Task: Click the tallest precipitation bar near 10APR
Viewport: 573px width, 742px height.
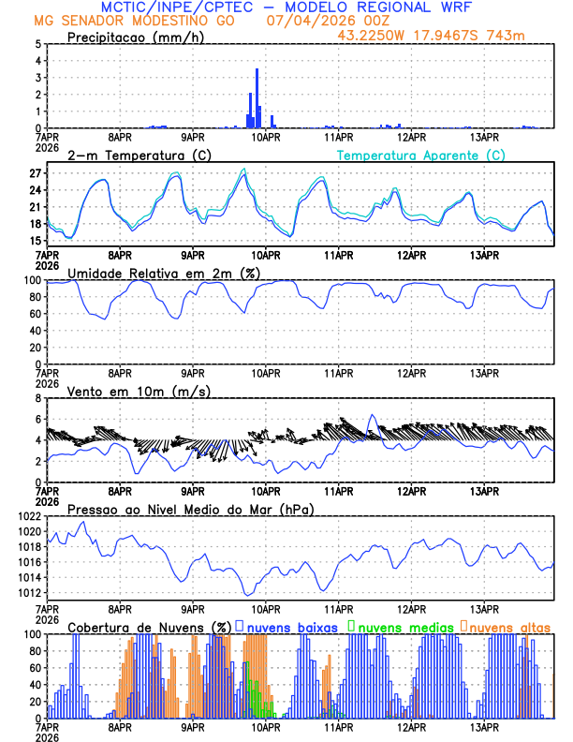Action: click(x=257, y=98)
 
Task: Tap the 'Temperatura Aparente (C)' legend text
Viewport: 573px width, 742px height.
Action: click(x=421, y=155)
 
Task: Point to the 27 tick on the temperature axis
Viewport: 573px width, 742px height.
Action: click(x=36, y=173)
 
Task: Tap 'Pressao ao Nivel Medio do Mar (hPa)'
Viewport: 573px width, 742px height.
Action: click(x=190, y=509)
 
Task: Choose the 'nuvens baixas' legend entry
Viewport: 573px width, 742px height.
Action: click(x=290, y=626)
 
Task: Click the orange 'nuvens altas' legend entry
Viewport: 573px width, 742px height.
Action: click(x=509, y=626)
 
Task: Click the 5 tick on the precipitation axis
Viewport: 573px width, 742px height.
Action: click(x=37, y=44)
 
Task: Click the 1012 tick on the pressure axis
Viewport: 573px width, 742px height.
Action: click(x=29, y=593)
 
